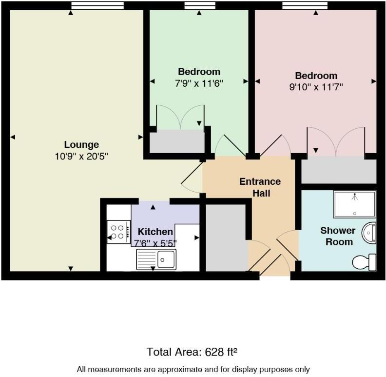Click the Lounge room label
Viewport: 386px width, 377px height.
81,144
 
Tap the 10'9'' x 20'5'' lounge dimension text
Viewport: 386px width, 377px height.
81,156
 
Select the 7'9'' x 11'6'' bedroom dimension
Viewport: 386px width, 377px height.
199,83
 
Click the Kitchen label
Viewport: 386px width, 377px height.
155,231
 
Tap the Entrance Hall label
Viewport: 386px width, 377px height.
260,187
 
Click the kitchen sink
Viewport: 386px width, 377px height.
156,258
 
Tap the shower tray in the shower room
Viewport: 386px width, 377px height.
354,204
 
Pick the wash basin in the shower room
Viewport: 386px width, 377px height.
370,233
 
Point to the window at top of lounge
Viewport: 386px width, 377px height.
97,6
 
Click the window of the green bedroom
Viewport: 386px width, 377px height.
200,6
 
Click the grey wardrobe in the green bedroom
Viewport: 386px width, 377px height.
177,141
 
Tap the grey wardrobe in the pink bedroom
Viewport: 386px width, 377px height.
338,170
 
